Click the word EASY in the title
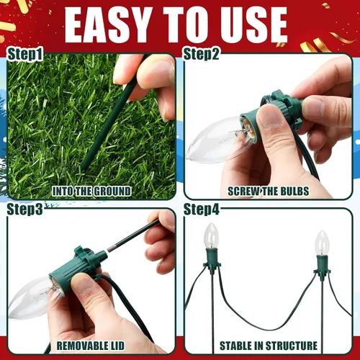tap(108, 25)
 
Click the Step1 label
tap(25, 54)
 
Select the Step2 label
tap(201, 54)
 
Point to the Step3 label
tap(25, 209)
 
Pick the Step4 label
tap(201, 209)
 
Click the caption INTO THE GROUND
tap(91, 192)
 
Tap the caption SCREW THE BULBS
tap(269, 192)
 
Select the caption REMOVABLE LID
tap(91, 346)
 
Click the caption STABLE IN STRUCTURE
tap(269, 346)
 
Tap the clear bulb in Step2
tap(217, 139)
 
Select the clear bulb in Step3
tap(34, 297)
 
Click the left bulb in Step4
tap(211, 235)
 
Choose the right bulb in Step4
tap(322, 243)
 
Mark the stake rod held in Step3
tap(133, 235)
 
